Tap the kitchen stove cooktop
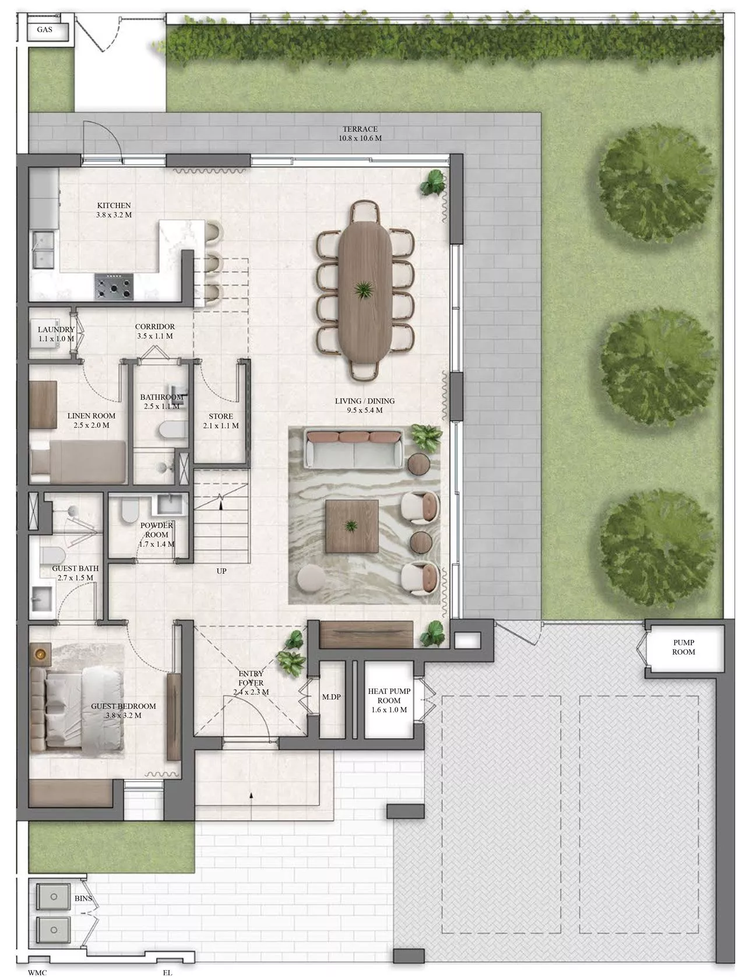click(x=114, y=286)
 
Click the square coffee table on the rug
click(x=351, y=526)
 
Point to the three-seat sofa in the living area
click(x=354, y=449)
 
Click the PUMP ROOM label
click(x=683, y=647)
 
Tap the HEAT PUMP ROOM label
click(x=389, y=700)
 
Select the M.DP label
click(x=332, y=697)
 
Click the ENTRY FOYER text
click(x=251, y=678)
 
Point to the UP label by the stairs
click(x=221, y=571)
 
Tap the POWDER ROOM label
click(x=157, y=530)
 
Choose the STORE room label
click(x=221, y=416)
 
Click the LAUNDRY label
click(x=56, y=329)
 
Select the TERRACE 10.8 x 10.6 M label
click(x=360, y=133)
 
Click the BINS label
click(x=83, y=885)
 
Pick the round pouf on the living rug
click(x=311, y=579)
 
